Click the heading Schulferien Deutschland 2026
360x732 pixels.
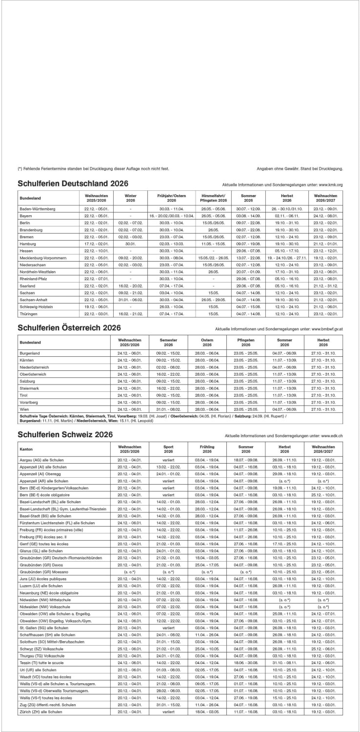click(x=73, y=183)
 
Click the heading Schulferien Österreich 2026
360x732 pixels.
click(x=69, y=327)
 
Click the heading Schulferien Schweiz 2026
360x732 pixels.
click(x=65, y=434)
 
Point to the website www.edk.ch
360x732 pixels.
click(x=332, y=436)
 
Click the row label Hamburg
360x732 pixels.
click(x=27, y=243)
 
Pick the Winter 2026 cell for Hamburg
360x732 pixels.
click(x=130, y=243)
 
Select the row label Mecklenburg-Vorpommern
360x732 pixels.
click(x=42, y=257)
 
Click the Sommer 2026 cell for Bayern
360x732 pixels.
click(x=248, y=215)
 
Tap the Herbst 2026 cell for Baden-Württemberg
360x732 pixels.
click(x=287, y=208)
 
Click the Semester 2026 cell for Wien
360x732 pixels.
click(x=168, y=408)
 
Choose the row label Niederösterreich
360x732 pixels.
click(x=36, y=366)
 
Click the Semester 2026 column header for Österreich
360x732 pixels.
click(x=168, y=342)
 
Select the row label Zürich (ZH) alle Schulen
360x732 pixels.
click(x=40, y=726)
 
